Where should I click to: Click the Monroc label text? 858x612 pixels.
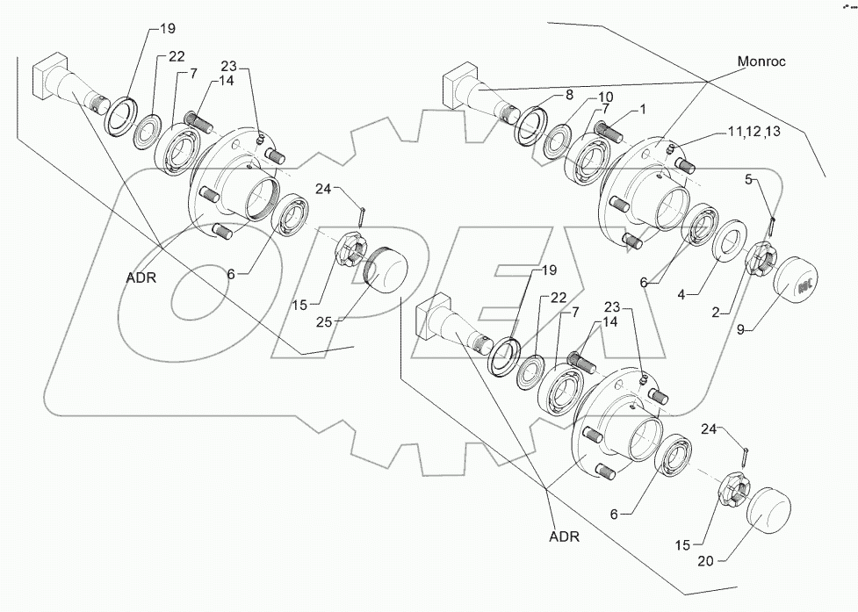click(x=761, y=62)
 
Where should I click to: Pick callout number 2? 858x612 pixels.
click(x=717, y=311)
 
